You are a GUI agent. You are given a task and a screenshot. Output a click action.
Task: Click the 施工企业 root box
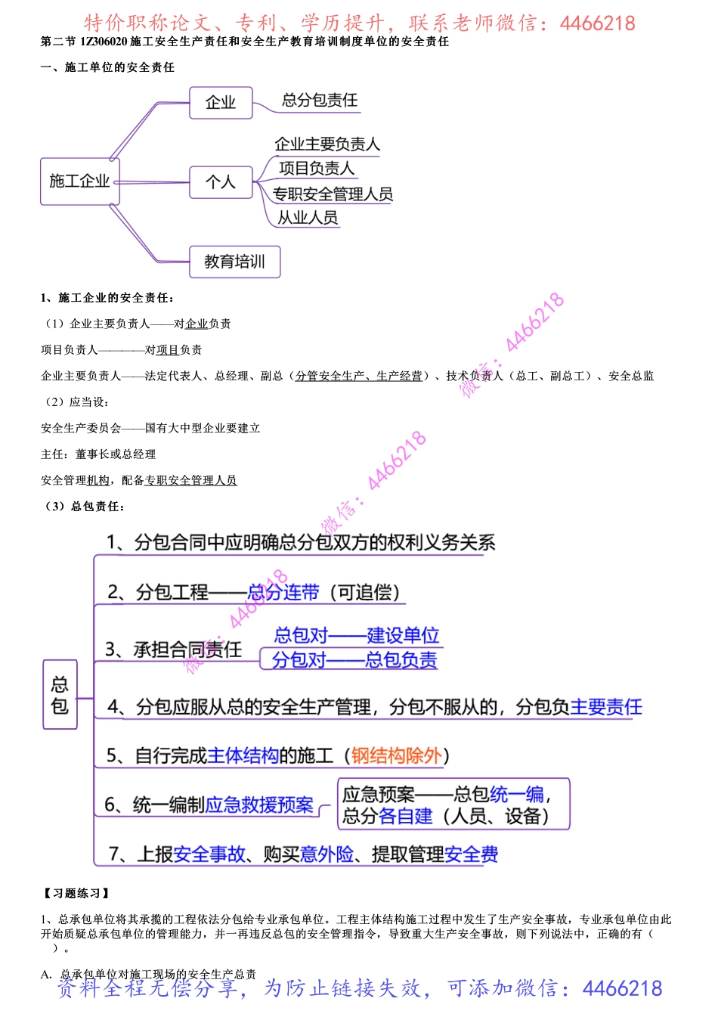point(79,181)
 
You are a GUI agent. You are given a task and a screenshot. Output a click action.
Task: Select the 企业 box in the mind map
point(221,103)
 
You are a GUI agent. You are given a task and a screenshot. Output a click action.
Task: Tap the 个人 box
point(221,182)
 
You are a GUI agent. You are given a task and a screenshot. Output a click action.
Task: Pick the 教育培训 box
point(234,262)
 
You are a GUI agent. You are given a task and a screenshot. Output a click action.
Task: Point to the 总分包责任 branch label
point(320,101)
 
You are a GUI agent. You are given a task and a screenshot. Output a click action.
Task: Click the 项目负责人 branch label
point(316,169)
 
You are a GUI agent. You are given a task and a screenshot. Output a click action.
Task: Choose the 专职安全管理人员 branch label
point(333,194)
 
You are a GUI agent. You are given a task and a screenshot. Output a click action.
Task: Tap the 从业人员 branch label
point(308,218)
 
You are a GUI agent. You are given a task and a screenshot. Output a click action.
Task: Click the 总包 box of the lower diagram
point(60,695)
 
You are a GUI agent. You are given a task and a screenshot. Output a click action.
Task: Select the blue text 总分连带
point(283,593)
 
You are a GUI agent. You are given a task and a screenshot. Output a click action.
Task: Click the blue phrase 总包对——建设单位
point(356,635)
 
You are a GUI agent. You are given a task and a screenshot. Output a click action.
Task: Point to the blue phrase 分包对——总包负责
point(354,660)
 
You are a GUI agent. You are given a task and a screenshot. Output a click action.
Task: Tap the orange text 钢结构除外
point(396,755)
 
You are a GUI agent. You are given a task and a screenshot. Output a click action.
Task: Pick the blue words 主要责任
point(606,707)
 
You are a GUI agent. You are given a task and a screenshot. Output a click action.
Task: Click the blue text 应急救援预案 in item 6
point(259,805)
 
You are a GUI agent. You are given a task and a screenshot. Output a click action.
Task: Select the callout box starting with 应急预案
point(453,805)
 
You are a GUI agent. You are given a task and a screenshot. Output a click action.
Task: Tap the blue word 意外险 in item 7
point(327,854)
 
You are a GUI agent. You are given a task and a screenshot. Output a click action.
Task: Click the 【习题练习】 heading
point(76,894)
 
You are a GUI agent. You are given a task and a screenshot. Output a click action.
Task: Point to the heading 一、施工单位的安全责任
point(107,67)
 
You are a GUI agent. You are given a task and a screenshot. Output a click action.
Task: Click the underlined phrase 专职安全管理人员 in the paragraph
point(190,480)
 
